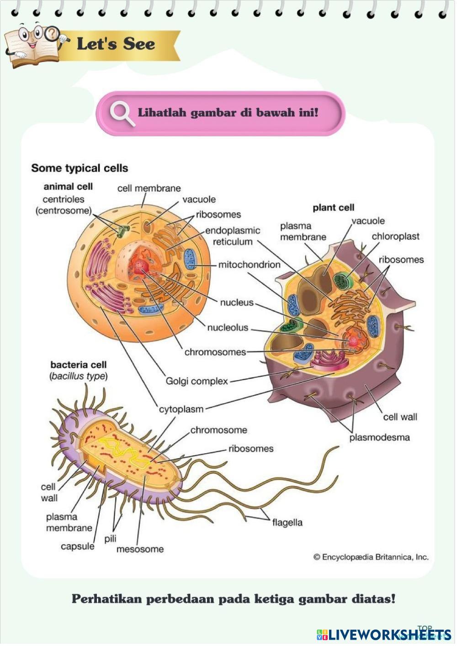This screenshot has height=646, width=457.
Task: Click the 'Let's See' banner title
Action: coord(116,44)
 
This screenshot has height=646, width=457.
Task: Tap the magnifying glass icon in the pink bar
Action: coord(122,112)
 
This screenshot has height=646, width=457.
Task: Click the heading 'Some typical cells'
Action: coord(80,168)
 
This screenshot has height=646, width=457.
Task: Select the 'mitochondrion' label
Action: coord(249,265)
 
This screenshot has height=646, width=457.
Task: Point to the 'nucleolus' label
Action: coord(228,328)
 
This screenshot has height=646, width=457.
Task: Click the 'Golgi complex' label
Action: coord(197,381)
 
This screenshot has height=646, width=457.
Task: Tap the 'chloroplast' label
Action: coord(395,237)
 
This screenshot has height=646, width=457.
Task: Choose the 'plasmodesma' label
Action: coord(379,437)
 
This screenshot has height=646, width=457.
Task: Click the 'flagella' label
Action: coord(287,522)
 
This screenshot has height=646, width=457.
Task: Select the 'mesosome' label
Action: coord(140,549)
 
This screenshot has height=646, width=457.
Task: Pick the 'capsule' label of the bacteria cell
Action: coord(77,546)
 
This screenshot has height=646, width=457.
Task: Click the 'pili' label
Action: coord(110,539)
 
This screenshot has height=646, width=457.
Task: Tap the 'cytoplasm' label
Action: coord(181,409)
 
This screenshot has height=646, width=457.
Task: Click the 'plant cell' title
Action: coord(333,208)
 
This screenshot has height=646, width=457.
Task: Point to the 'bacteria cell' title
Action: coord(78,365)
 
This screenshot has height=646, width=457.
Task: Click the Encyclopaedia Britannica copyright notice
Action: coord(371,557)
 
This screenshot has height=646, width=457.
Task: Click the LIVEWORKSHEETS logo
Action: coord(384,634)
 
